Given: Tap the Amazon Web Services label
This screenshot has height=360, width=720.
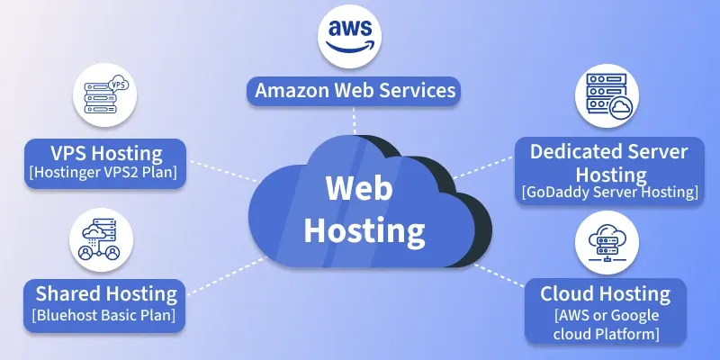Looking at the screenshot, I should point(355,91).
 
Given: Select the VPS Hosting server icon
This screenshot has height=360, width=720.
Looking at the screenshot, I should point(104,94).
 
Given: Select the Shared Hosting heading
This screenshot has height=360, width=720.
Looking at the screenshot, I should point(106,293).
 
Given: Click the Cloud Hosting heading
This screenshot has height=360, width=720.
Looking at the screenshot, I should point(605,293).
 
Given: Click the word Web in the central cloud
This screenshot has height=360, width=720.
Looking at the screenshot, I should point(358,189).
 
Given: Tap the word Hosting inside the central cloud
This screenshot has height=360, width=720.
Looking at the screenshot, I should point(364,229).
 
